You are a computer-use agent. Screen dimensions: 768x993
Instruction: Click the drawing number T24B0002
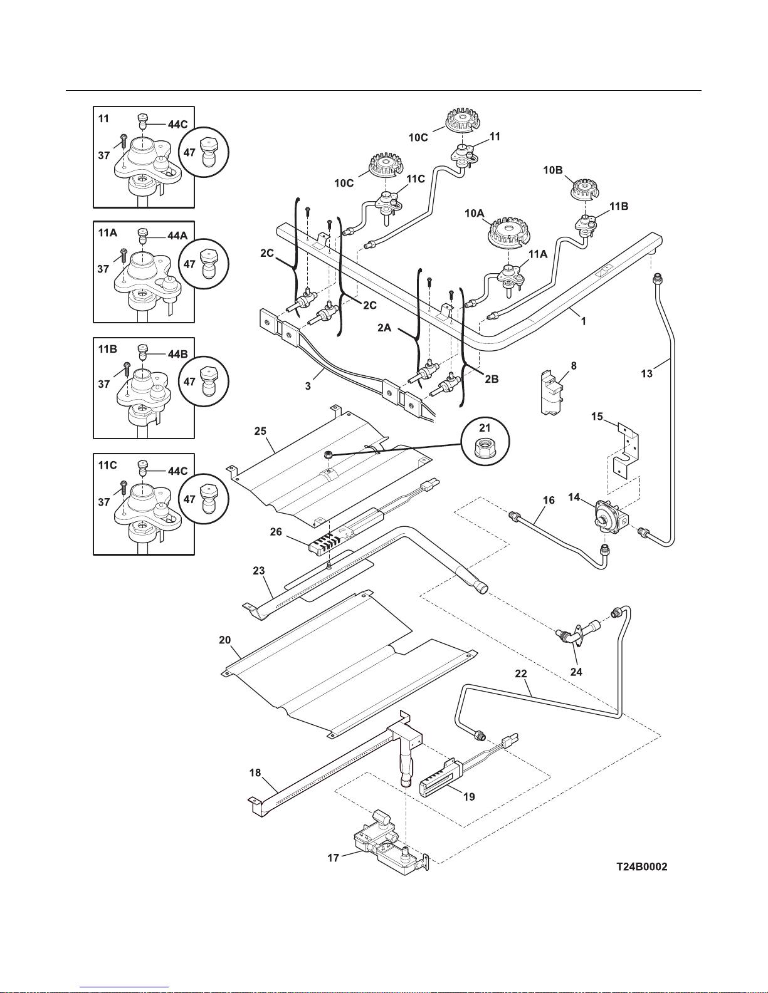coord(642,867)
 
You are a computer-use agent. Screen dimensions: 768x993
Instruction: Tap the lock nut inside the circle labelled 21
coord(485,445)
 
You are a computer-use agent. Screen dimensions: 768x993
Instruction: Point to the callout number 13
coord(646,374)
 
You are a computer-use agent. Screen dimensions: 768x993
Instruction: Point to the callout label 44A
coord(177,236)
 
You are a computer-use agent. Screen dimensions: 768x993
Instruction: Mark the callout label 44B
coord(177,354)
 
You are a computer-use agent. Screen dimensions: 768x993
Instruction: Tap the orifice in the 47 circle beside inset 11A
coord(209,264)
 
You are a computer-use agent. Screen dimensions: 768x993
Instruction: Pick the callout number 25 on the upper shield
coord(260,432)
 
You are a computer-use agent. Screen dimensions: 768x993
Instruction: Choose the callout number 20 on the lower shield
coord(224,640)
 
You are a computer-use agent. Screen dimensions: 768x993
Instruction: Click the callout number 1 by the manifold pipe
coord(583,321)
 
